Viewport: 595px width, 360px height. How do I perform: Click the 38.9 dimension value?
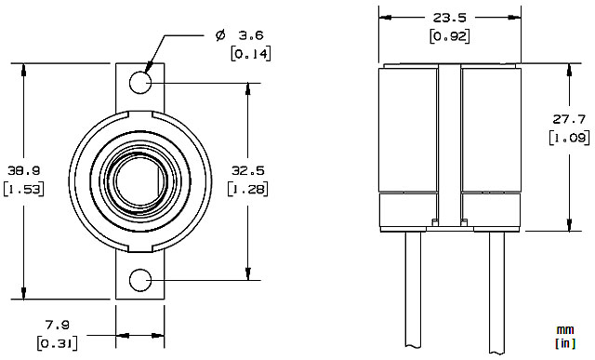coord(24,171)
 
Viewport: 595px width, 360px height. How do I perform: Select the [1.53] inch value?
coord(24,189)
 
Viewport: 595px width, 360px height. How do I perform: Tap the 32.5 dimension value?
coord(248,171)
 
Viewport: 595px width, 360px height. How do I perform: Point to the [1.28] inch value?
coord(248,189)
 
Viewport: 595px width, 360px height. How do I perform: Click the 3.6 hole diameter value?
coord(251,35)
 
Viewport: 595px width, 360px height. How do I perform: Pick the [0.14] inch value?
coord(251,54)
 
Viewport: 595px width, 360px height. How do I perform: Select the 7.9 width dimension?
coord(58,325)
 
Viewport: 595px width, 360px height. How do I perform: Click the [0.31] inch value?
coord(58,343)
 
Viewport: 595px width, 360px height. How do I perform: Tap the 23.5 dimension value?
coord(450,18)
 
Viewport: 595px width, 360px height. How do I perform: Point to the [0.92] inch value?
coord(450,36)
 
